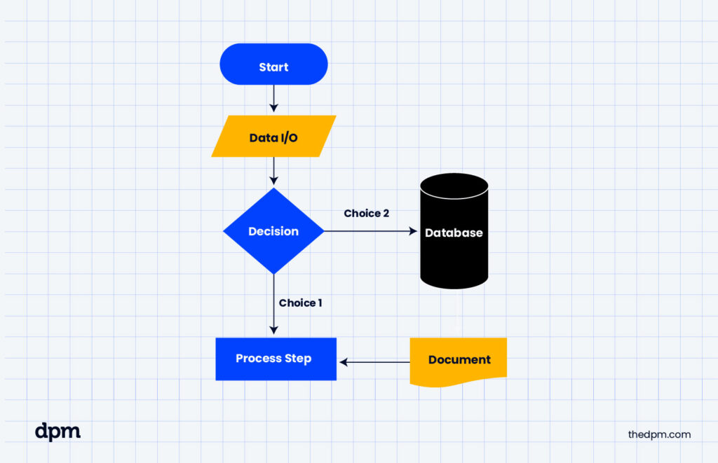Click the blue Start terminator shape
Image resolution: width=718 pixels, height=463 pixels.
click(x=273, y=64)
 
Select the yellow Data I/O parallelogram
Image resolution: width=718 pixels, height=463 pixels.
click(x=273, y=137)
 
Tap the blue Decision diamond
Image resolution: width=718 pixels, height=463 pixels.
click(x=273, y=231)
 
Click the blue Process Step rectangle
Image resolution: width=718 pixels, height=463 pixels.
click(x=276, y=359)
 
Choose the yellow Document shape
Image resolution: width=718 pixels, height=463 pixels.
click(x=459, y=360)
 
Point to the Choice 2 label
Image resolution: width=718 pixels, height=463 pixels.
click(x=366, y=213)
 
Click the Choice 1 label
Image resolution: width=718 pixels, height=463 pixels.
click(x=300, y=303)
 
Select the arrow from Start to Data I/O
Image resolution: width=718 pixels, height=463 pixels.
click(x=273, y=99)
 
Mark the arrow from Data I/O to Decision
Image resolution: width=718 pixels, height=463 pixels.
click(x=273, y=172)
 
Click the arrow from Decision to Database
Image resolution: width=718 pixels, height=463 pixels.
click(x=368, y=230)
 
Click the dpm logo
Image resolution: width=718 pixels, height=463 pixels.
click(x=57, y=431)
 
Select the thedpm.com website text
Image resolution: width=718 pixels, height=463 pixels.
click(x=659, y=434)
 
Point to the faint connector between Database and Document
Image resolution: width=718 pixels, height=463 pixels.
click(x=457, y=312)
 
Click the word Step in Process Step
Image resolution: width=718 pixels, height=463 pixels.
click(x=297, y=359)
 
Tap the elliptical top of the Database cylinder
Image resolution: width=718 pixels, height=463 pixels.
click(x=454, y=186)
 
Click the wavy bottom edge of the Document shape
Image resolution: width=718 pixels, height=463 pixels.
click(x=459, y=382)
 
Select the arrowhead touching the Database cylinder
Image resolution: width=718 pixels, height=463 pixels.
click(x=414, y=230)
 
